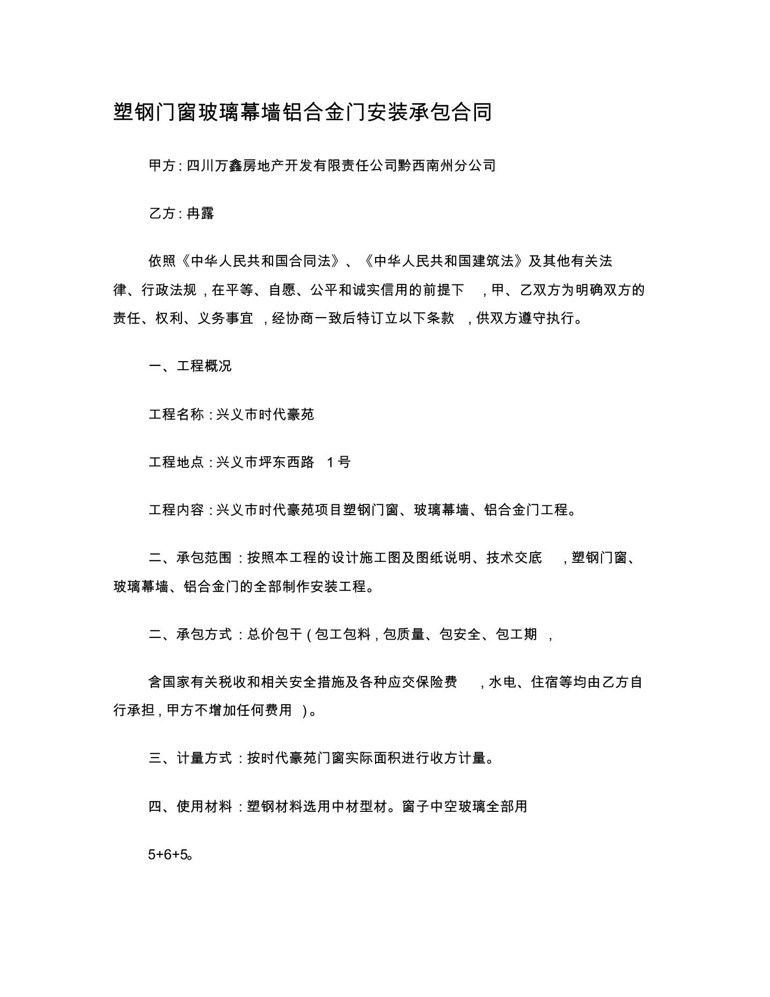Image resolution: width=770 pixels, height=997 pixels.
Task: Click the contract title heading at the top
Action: click(303, 113)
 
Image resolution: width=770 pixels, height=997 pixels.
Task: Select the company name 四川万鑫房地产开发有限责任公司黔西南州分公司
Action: click(341, 165)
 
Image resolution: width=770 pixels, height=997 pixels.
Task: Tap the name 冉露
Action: click(201, 214)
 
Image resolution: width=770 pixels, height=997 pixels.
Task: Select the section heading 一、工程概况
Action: click(190, 366)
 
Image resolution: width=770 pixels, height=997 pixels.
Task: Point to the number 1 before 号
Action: click(331, 462)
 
